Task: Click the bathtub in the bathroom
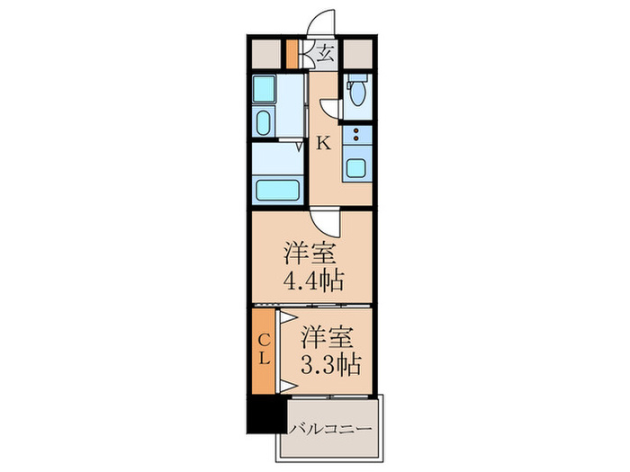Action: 277,190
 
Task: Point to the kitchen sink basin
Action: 355,168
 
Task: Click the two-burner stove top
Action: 356,138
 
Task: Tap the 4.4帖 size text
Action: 312,281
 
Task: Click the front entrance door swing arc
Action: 321,23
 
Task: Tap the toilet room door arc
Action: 331,108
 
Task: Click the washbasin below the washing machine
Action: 265,122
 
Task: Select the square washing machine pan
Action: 265,89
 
